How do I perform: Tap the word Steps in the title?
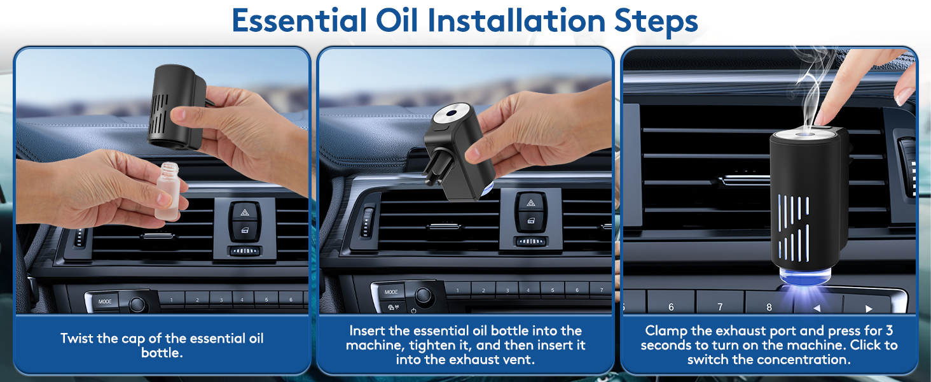(x=656, y=22)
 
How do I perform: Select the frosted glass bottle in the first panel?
(x=169, y=191)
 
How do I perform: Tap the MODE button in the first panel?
(x=105, y=301)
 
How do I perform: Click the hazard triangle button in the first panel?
(x=244, y=213)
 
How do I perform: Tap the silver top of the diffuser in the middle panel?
(x=452, y=113)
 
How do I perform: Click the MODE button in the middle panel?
(x=390, y=292)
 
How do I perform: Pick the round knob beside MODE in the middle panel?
(x=424, y=295)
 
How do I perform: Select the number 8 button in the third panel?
(x=769, y=307)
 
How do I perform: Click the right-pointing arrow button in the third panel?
(x=869, y=308)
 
